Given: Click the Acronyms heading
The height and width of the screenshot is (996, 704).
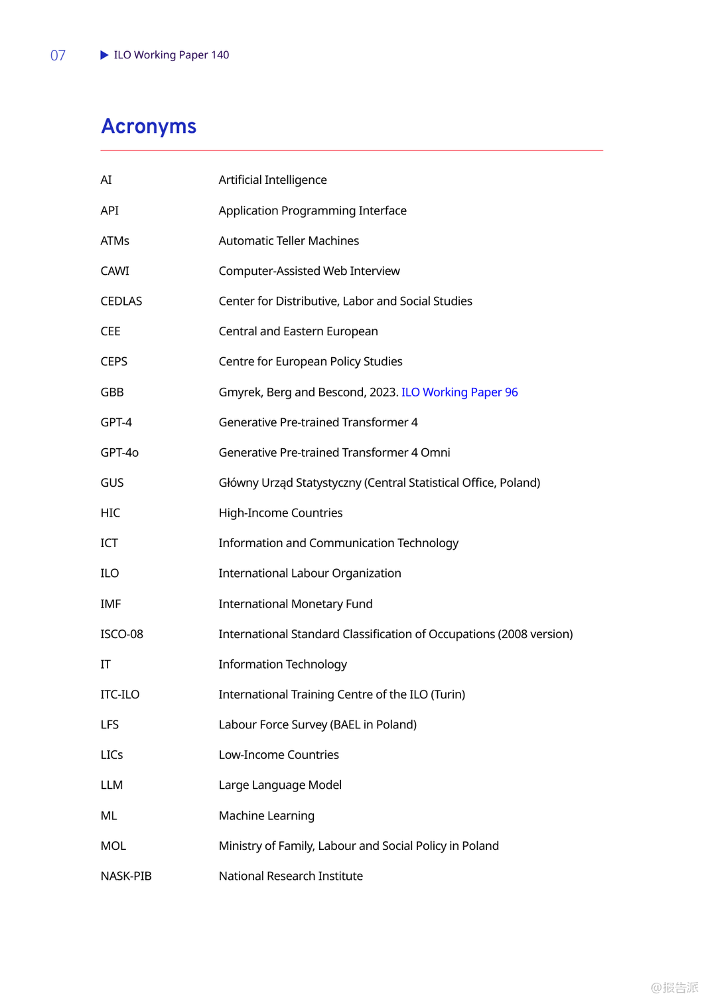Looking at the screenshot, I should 149,126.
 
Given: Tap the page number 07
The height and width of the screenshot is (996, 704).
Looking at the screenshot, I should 58,55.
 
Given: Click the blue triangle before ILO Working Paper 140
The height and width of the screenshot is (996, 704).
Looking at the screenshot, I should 104,55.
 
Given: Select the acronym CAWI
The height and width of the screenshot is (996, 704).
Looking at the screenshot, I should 115,271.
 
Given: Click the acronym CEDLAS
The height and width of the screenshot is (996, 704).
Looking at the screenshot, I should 121,301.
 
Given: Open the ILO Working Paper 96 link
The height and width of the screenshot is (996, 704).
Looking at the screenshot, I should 459,392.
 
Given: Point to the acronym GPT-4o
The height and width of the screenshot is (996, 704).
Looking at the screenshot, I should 119,453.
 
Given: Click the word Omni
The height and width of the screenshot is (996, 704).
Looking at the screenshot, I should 435,453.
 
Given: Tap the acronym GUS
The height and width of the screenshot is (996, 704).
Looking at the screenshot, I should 112,483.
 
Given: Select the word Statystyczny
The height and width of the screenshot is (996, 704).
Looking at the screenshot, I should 328,483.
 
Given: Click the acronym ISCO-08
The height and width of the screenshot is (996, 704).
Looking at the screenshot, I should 121,634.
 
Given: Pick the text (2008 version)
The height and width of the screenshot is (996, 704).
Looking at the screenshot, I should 535,634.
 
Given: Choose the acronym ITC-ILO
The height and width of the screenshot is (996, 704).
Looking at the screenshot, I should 120,695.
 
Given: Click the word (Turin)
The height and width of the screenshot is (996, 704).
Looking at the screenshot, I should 448,695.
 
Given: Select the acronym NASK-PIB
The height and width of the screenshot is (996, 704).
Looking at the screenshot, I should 126,876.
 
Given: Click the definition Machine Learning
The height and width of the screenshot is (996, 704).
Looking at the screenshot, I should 267,815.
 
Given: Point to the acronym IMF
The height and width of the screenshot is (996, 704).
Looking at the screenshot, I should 111,604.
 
